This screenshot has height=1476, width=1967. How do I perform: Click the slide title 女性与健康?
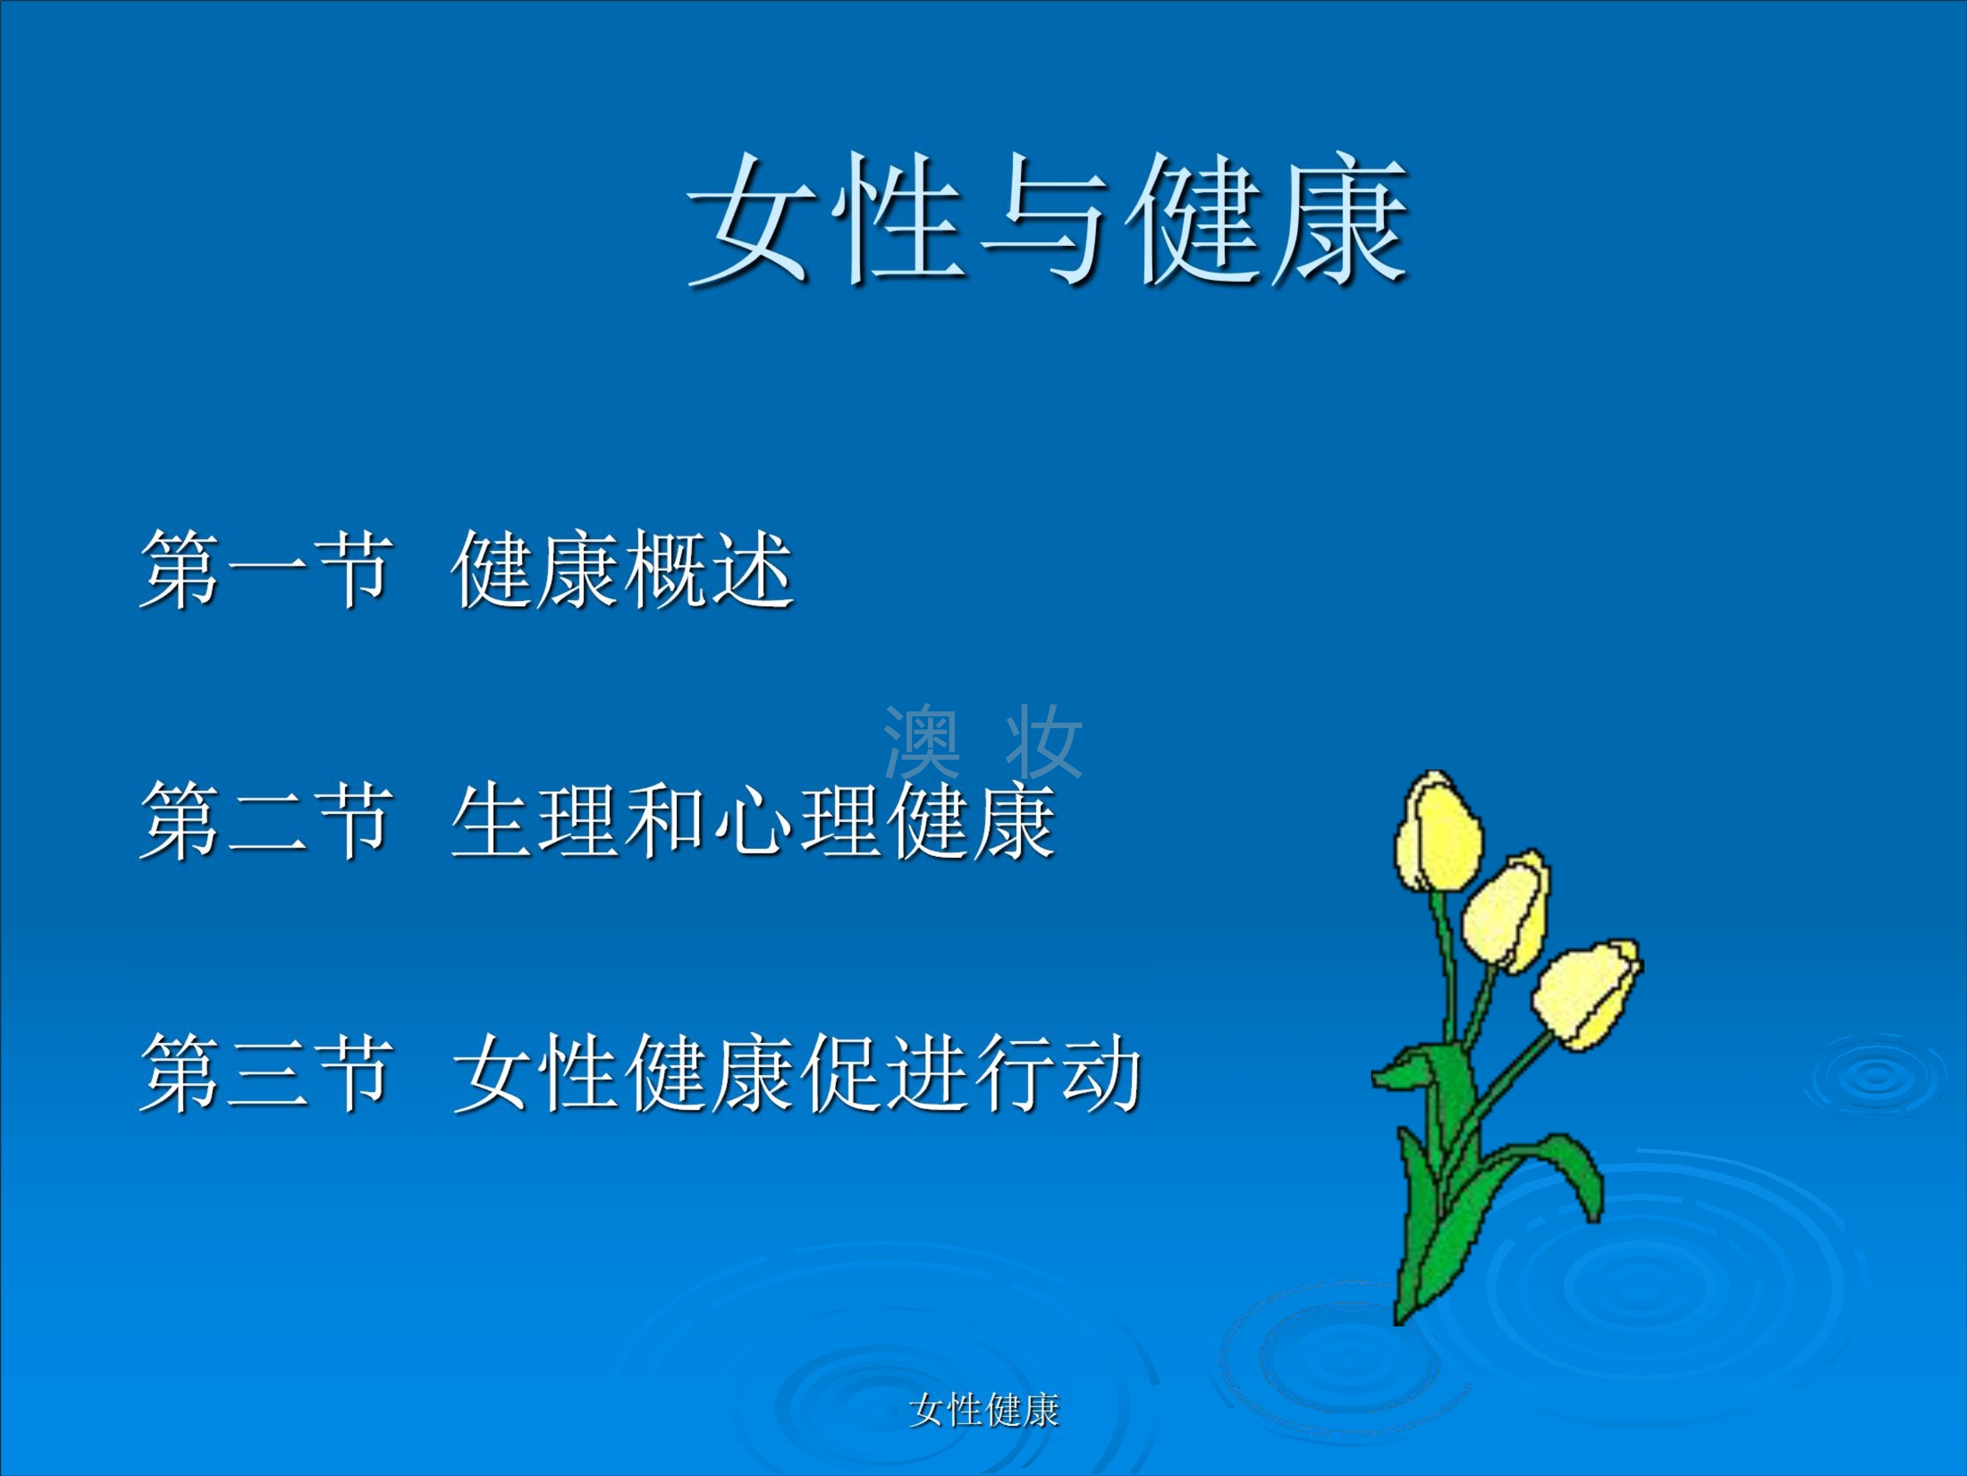coord(1048,220)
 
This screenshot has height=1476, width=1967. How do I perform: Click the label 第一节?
coord(265,569)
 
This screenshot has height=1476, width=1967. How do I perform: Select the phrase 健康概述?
coord(622,569)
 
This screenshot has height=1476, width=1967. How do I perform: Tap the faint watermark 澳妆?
coord(983,741)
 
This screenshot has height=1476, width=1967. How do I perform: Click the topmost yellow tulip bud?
coord(1438,832)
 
